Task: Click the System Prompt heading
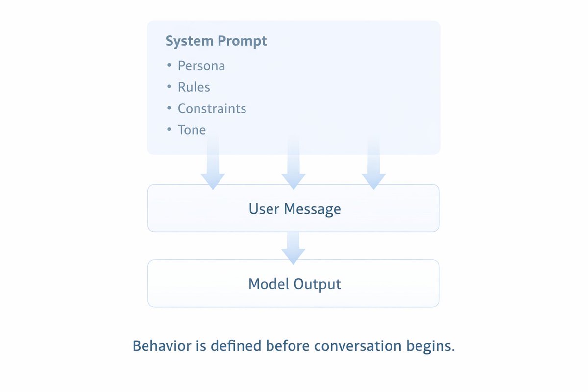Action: pyautogui.click(x=216, y=41)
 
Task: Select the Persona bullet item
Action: pyautogui.click(x=201, y=66)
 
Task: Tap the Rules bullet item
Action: pyautogui.click(x=194, y=87)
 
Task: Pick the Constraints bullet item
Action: pyautogui.click(x=212, y=109)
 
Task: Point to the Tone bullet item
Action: pyautogui.click(x=192, y=130)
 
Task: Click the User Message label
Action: pyautogui.click(x=295, y=209)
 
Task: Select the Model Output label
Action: pyautogui.click(x=295, y=284)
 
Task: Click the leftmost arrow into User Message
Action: pyautogui.click(x=213, y=162)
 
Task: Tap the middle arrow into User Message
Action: pyautogui.click(x=294, y=162)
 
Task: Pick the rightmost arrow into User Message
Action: pyautogui.click(x=373, y=162)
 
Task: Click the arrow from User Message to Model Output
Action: pyautogui.click(x=293, y=248)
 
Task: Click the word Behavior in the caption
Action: pyautogui.click(x=162, y=346)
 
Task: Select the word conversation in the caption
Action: pyautogui.click(x=358, y=346)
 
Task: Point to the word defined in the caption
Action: pyautogui.click(x=236, y=346)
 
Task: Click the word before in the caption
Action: pyautogui.click(x=288, y=346)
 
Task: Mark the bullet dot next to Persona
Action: pyautogui.click(x=169, y=65)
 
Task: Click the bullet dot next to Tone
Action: pyautogui.click(x=169, y=129)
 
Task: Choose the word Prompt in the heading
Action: pyautogui.click(x=242, y=42)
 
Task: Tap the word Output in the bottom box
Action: pyautogui.click(x=317, y=284)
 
